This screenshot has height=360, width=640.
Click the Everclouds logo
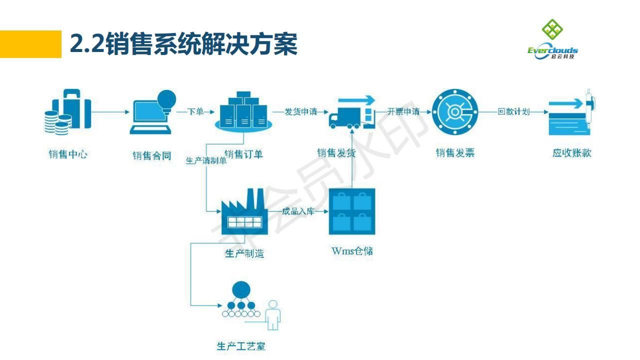[552, 39]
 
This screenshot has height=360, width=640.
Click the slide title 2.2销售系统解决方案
[183, 44]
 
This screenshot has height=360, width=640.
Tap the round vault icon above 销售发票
[454, 111]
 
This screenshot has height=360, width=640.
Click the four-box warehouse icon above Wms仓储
[352, 211]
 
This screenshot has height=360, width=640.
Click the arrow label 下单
[195, 111]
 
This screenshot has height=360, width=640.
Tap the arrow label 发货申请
[301, 111]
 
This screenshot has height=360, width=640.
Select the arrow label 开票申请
[403, 111]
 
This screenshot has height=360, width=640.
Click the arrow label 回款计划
[513, 111]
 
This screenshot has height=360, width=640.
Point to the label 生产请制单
[206, 161]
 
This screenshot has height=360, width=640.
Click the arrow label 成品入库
[298, 211]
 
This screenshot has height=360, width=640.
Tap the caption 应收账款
[571, 153]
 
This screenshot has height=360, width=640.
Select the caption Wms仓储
[352, 250]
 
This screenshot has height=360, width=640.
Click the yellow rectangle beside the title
[30, 44]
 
